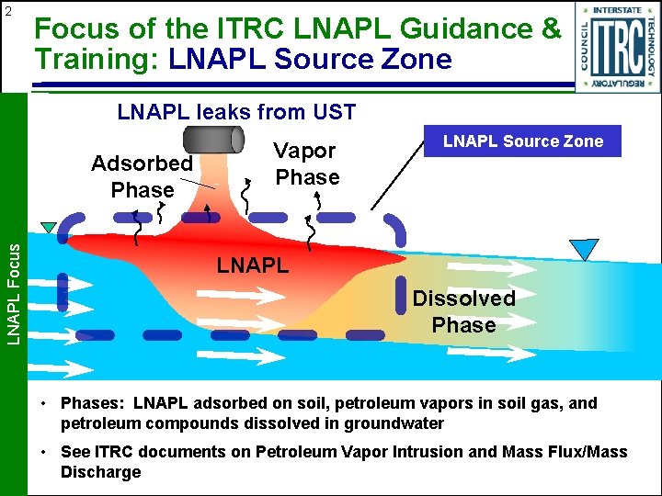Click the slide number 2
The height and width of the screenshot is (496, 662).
point(7,11)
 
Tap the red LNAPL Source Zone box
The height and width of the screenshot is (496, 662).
point(523,141)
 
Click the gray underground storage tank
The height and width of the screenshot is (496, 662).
point(212,140)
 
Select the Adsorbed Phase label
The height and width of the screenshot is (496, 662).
point(142,177)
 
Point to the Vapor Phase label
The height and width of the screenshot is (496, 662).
point(306,163)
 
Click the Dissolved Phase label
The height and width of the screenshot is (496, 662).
point(463,311)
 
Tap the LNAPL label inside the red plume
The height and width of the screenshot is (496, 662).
point(253,266)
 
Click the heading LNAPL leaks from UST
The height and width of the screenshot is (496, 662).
point(236,113)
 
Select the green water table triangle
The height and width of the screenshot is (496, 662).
point(49,228)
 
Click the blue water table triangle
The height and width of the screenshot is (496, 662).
point(583,249)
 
